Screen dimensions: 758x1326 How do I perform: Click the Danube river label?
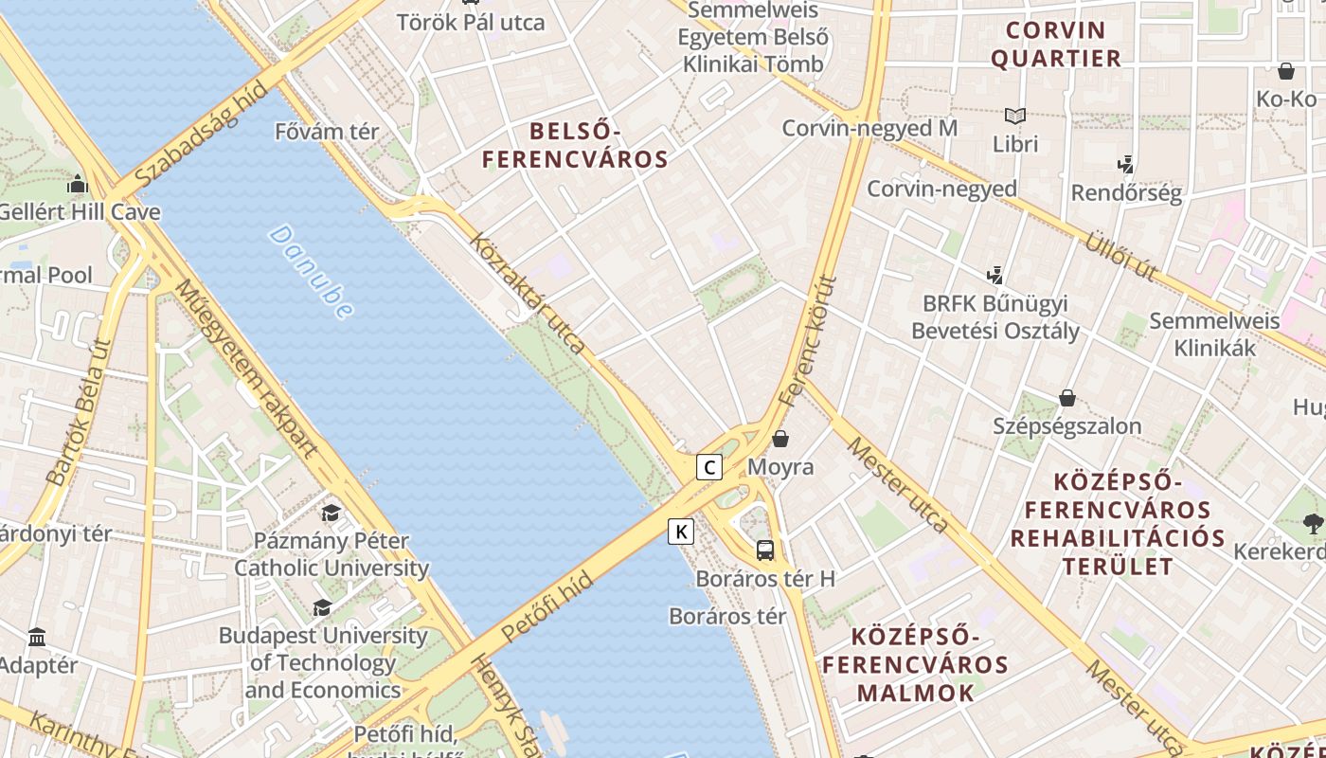[x=311, y=271]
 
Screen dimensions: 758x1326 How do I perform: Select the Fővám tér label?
[x=327, y=132]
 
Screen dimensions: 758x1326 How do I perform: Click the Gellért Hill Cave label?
[x=80, y=211]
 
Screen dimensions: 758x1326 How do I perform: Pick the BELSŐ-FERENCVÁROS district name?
[x=575, y=145]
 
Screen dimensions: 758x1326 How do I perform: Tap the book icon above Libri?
[x=1015, y=117]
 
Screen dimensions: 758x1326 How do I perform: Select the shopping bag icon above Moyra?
[x=780, y=439]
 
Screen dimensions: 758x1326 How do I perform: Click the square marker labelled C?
[x=708, y=466]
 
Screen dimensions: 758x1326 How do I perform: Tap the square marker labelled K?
[x=680, y=532]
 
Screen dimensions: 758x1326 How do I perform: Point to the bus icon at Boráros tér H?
[x=765, y=550]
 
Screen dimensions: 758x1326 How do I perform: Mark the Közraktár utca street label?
[x=527, y=293]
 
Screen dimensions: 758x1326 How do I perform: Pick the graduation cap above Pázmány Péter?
[x=331, y=514]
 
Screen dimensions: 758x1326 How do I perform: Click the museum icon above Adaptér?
[x=37, y=637]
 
